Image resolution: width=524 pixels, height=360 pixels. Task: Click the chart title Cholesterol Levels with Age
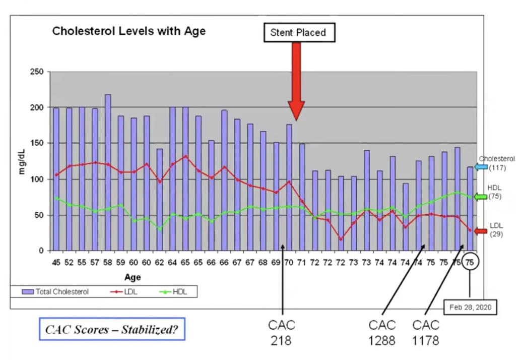(129, 31)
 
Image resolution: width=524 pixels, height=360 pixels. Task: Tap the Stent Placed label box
(298, 33)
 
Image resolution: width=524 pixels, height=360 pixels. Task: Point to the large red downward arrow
(296, 81)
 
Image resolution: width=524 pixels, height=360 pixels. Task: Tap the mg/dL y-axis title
(22, 161)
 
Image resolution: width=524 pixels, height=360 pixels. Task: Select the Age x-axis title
(133, 277)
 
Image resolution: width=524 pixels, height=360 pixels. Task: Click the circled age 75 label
(470, 262)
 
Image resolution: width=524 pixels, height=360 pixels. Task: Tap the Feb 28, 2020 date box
(469, 307)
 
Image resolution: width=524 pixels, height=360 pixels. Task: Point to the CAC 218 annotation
(281, 332)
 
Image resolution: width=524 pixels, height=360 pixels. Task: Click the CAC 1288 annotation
(382, 332)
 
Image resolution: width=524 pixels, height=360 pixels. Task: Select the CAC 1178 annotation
(426, 332)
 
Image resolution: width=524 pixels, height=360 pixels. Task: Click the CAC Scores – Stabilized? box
(112, 329)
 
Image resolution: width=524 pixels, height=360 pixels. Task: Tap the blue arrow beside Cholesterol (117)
(481, 167)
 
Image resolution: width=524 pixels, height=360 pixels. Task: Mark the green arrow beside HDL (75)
(481, 197)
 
